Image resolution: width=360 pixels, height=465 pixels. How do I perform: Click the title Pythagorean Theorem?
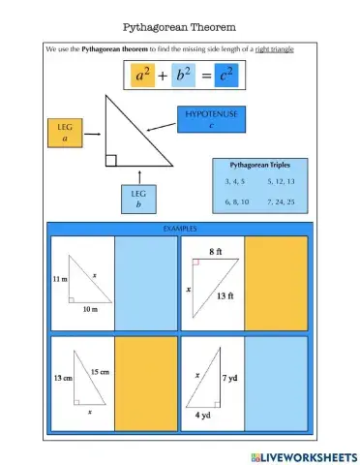point(180,26)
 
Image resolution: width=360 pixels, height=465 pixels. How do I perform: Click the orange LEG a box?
point(65,134)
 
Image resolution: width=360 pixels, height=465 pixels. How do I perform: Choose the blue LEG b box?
point(139,199)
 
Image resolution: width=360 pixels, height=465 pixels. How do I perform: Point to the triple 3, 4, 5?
point(234,182)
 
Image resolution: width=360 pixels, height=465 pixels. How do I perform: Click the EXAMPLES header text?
point(179,229)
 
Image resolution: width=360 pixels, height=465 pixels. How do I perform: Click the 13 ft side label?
point(227,295)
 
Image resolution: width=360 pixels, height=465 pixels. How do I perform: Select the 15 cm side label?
point(101,371)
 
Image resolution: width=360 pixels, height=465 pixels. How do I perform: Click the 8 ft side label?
point(215,252)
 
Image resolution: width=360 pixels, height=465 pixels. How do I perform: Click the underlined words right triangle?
point(274,48)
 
